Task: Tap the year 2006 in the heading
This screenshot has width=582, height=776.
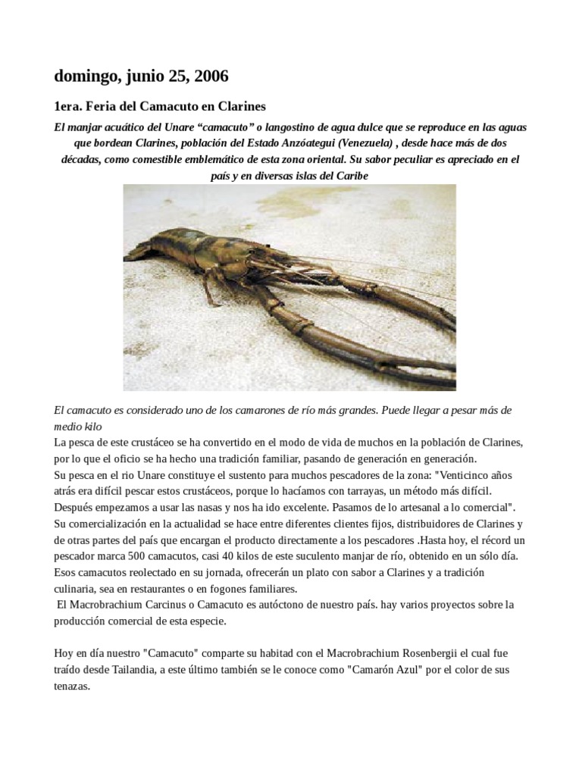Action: pos(211,77)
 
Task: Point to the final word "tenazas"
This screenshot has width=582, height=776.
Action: pos(72,687)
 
